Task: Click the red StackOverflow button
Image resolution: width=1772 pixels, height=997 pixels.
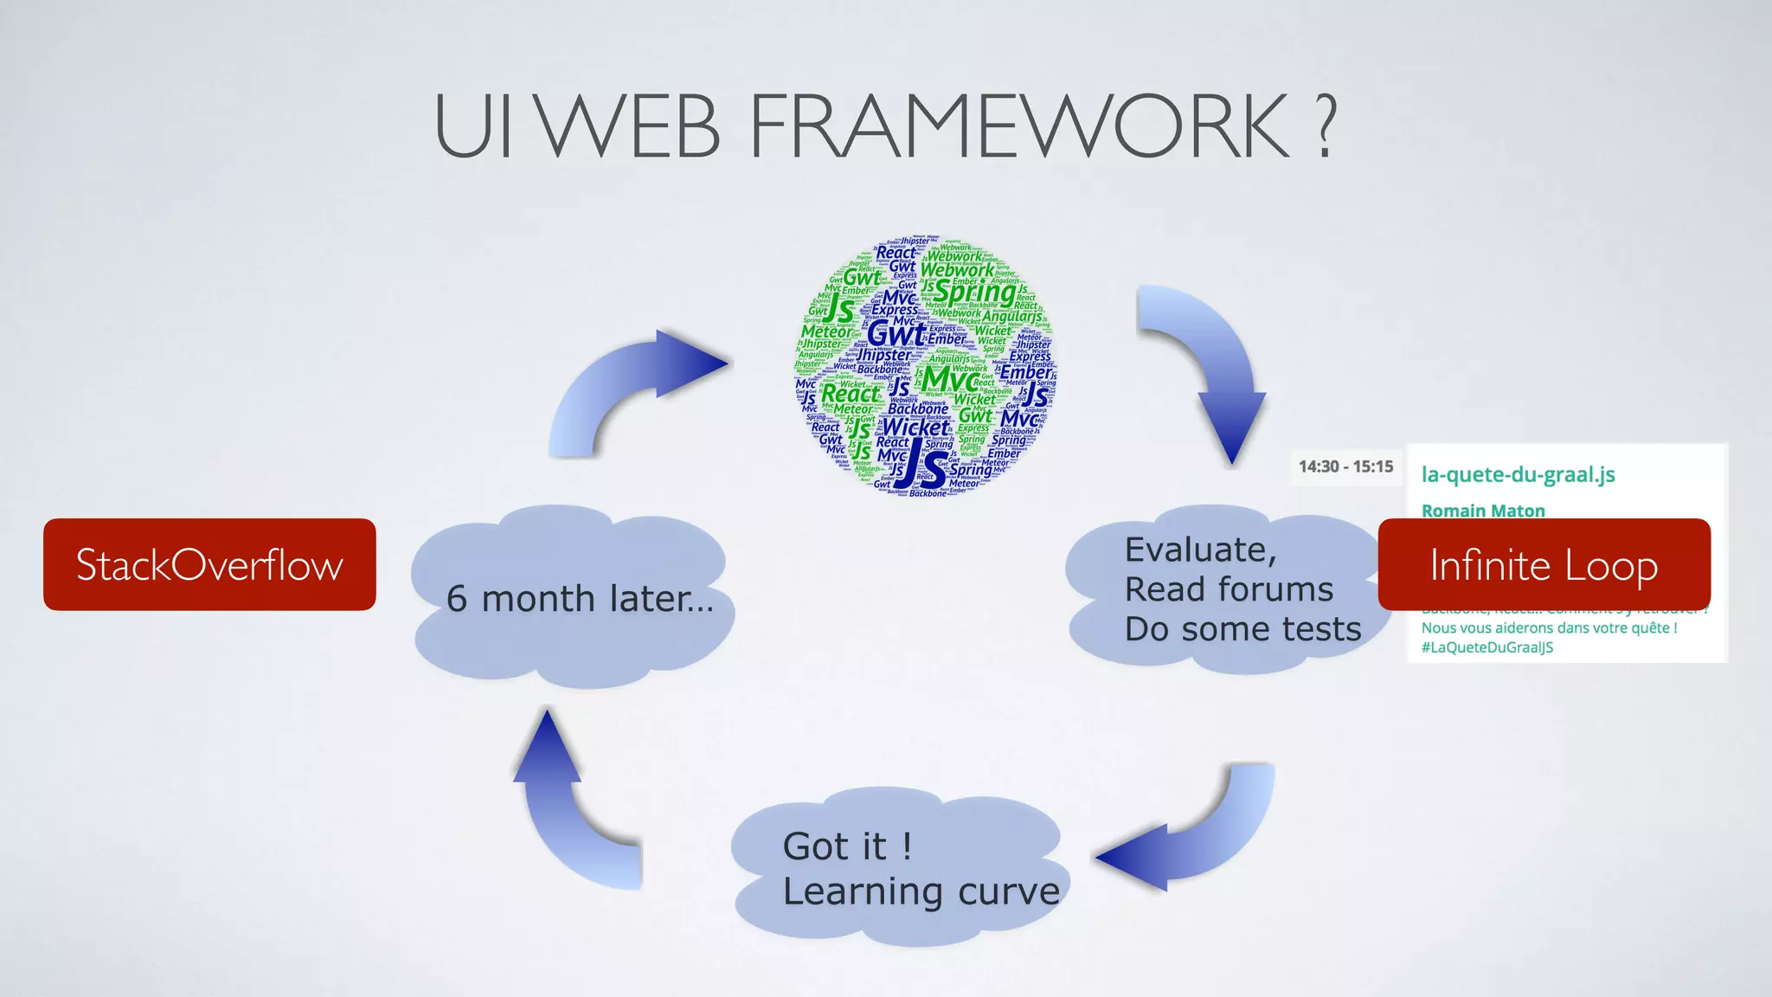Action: click(209, 564)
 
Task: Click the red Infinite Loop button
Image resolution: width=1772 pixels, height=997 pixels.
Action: click(1544, 564)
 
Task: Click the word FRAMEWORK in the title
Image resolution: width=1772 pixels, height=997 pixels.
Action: click(1018, 127)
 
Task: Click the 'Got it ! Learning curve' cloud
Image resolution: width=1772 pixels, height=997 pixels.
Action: click(897, 867)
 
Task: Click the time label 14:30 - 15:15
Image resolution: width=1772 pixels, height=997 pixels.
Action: click(1345, 466)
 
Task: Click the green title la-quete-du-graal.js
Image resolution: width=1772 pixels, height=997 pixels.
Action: click(1518, 474)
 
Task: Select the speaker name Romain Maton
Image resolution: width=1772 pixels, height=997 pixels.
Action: click(1483, 511)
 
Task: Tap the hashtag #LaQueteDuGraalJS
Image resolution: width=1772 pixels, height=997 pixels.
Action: click(1486, 647)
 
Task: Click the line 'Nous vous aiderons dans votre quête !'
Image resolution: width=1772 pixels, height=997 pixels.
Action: click(1549, 627)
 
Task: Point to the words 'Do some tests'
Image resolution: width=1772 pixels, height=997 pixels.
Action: click(1242, 629)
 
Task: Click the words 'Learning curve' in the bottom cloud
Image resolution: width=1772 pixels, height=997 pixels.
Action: click(921, 891)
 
